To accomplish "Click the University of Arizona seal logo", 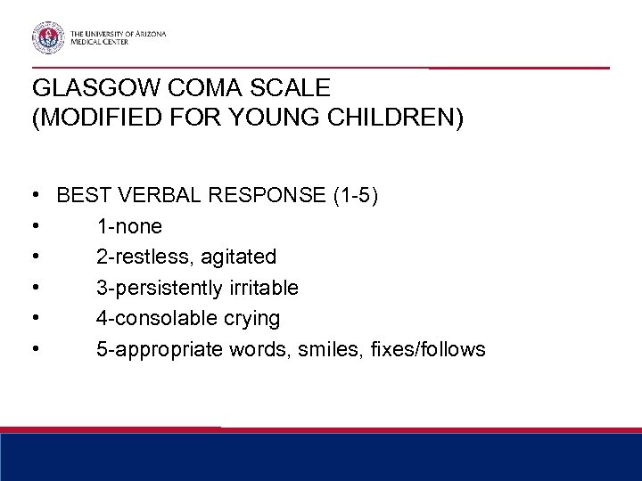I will pyautogui.click(x=48, y=37).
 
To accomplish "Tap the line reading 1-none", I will pyautogui.click(x=129, y=226).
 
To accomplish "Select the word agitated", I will pyautogui.click(x=238, y=257).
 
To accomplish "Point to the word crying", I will pyautogui.click(x=255, y=318).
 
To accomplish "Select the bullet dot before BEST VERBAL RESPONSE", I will pyautogui.click(x=34, y=196).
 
